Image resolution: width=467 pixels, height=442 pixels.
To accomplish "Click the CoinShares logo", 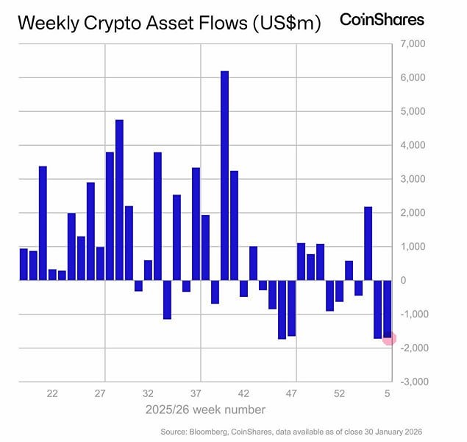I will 381,20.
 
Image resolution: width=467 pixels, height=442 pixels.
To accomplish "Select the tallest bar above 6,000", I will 224,175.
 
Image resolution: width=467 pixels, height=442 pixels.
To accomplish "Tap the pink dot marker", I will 390,338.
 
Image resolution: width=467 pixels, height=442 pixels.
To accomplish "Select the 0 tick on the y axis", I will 403,280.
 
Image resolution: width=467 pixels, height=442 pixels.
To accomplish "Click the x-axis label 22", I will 52,394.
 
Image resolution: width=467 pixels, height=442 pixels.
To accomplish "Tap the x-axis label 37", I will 196,394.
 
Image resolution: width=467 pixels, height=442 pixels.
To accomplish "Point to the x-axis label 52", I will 340,394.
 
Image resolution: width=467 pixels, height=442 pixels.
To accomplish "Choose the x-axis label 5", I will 388,394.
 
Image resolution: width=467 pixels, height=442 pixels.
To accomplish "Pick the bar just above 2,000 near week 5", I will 368,243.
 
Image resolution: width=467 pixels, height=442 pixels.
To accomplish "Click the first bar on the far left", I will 24,264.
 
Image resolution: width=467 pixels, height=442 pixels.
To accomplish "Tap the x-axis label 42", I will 244,394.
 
